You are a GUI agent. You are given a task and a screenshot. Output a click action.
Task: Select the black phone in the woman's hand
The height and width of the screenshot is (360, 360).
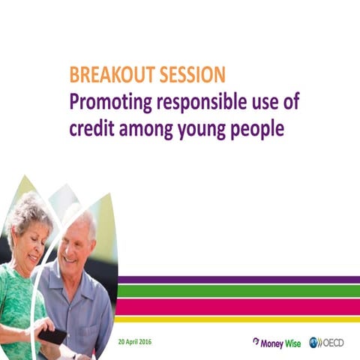pos(52,335)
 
